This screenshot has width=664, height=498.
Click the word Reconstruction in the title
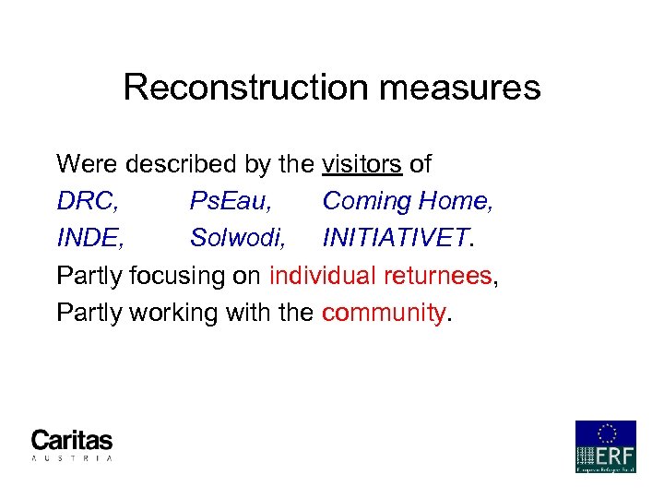click(243, 88)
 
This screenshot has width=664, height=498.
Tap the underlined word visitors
click(362, 165)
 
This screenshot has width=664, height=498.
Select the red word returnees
click(444, 276)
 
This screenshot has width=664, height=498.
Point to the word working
click(171, 314)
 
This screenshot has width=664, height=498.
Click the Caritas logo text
click(71, 440)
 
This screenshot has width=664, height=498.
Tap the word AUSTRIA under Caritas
click(71, 457)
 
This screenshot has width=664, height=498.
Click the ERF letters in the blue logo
click(611, 456)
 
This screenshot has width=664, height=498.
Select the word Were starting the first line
click(88, 165)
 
